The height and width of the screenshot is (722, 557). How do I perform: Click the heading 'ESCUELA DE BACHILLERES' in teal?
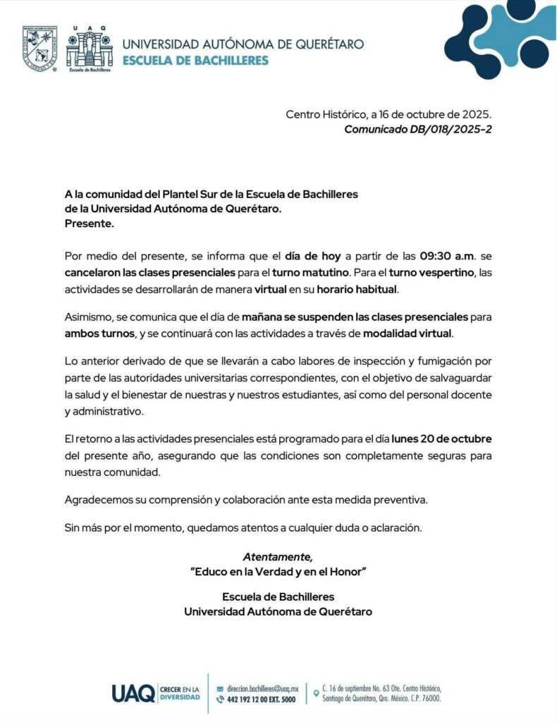click(195, 61)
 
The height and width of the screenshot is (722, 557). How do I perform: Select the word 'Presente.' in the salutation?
click(89, 224)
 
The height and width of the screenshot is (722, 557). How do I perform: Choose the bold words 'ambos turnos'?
click(95, 334)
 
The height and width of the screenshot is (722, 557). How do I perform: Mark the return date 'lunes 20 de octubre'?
click(442, 439)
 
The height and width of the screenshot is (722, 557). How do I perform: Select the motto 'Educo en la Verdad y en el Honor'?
click(278, 572)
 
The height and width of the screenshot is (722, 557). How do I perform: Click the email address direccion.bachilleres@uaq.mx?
click(262, 687)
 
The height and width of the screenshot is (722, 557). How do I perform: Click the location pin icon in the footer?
click(316, 693)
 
